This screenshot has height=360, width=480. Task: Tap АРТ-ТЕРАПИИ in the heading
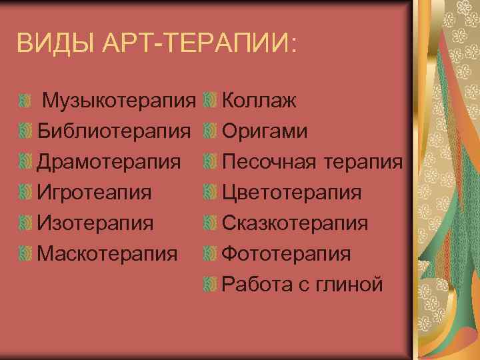pyautogui.click(x=200, y=45)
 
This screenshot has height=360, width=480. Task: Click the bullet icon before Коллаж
pyautogui.click(x=210, y=101)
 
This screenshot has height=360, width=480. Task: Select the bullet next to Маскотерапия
pyautogui.click(x=25, y=253)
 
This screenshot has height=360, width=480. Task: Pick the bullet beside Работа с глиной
pyautogui.click(x=210, y=284)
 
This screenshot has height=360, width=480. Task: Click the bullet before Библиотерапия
pyautogui.click(x=25, y=131)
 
